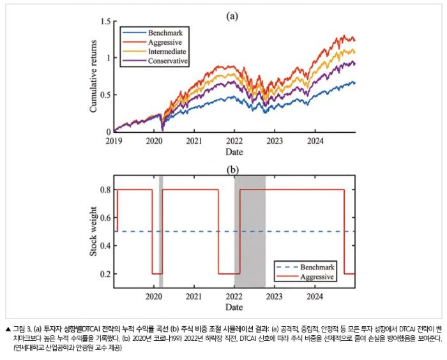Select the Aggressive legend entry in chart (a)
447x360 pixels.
(x=152, y=42)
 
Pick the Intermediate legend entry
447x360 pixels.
(x=155, y=52)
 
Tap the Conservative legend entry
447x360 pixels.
(x=155, y=61)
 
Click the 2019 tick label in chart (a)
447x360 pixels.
(x=114, y=141)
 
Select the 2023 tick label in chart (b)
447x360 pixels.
(x=274, y=296)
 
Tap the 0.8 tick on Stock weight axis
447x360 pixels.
(x=105, y=190)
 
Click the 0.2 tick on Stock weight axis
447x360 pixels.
(x=105, y=274)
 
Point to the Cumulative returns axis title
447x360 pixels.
(x=93, y=76)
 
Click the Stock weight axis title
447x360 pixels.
(x=93, y=232)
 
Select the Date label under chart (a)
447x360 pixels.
(x=234, y=152)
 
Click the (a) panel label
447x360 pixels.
(x=232, y=16)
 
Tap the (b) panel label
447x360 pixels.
(x=232, y=170)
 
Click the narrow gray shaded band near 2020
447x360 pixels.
(x=161, y=232)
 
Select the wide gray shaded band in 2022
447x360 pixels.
(x=250, y=232)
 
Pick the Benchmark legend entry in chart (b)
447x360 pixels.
(x=305, y=267)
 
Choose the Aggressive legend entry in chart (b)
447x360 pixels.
(x=305, y=277)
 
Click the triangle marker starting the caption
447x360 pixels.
(x=8, y=329)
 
